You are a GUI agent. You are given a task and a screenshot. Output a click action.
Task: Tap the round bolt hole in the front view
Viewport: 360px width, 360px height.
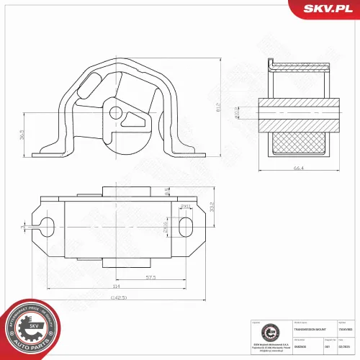[115, 112]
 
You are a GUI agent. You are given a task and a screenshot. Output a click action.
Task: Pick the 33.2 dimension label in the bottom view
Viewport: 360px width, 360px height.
[210, 208]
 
